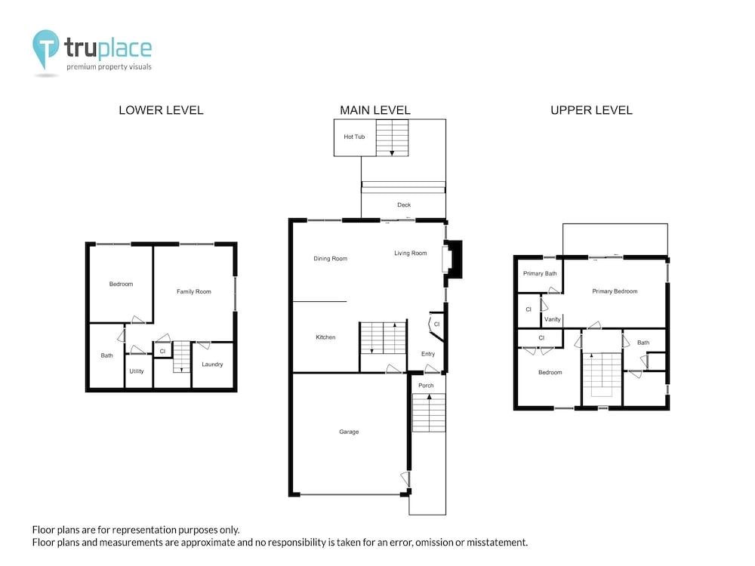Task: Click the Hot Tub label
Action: (354, 137)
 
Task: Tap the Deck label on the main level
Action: (404, 205)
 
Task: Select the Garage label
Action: (349, 432)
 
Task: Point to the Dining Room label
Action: (331, 258)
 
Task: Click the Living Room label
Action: (410, 253)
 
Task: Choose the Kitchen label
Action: (325, 337)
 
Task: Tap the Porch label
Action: (426, 386)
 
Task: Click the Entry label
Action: (428, 354)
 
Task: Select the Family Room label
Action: (193, 291)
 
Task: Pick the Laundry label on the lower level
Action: (212, 365)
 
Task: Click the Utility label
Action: (136, 371)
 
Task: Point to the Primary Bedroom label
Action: (615, 291)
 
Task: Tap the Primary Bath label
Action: (540, 273)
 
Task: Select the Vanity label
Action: (553, 319)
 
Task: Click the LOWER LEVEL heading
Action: (161, 110)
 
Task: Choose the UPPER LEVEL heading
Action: (591, 110)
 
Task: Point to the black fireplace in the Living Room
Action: (454, 259)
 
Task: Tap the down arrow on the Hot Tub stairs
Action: (392, 152)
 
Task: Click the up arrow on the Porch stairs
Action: (429, 397)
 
